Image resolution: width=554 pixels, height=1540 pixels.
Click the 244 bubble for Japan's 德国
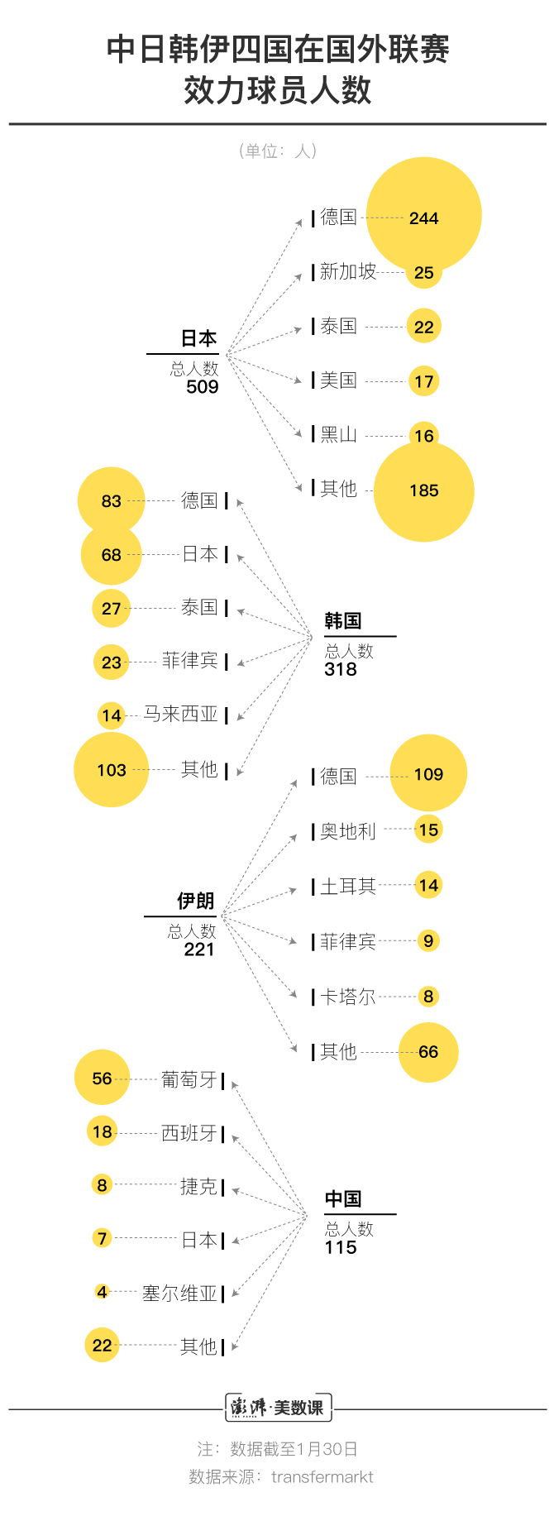tap(423, 215)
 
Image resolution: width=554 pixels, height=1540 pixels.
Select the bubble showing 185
tap(424, 491)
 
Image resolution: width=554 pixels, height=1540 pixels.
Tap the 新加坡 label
tap(348, 271)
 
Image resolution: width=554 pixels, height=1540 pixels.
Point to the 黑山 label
tap(339, 434)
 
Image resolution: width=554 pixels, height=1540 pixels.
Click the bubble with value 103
tap(112, 770)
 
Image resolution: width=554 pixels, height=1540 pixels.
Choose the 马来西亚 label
tap(181, 714)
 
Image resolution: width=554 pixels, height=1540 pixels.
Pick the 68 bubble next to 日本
tap(112, 555)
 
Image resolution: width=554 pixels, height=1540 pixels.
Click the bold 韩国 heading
tap(343, 621)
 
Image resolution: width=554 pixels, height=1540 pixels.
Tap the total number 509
tap(203, 387)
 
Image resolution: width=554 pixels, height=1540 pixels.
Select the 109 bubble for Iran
tap(428, 773)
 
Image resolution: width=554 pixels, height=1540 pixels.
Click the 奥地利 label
tap(348, 831)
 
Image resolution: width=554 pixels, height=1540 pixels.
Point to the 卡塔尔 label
tap(348, 997)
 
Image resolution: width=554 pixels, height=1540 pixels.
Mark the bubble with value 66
tap(428, 1052)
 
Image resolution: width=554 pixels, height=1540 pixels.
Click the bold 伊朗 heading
tap(196, 901)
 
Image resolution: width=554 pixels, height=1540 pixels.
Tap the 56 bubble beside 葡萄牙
tap(103, 1078)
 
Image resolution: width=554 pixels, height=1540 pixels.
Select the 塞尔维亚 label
tap(179, 1294)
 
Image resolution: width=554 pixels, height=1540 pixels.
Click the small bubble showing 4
tap(102, 1292)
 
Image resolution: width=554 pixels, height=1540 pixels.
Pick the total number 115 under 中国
tap(341, 1247)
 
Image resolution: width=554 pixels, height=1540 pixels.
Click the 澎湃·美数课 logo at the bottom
tap(278, 1408)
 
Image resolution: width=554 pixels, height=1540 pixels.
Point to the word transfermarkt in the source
tap(322, 1477)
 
